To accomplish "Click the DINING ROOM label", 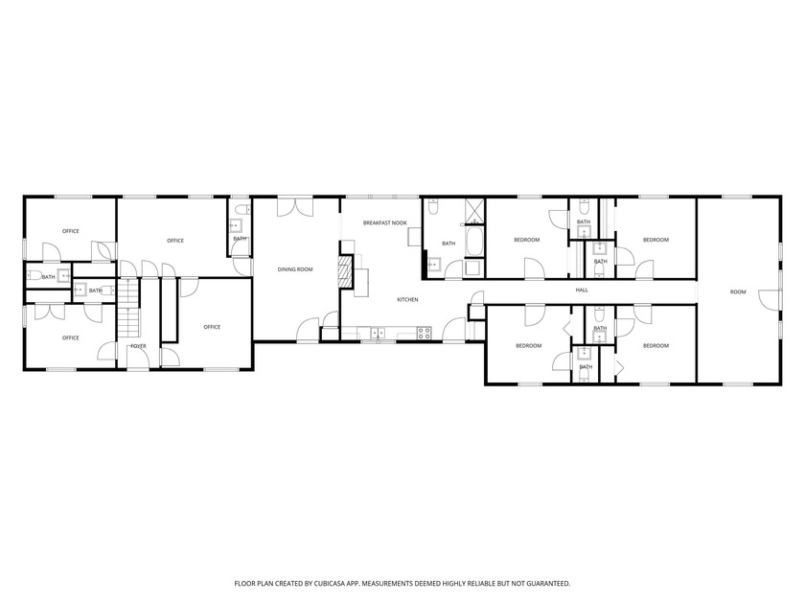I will [295, 269].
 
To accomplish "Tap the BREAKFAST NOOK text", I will [385, 222].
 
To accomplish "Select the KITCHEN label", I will [407, 300].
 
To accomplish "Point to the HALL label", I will [582, 290].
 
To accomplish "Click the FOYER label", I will [138, 346].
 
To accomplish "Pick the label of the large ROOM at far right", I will [737, 291].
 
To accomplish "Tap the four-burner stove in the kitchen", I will [424, 333].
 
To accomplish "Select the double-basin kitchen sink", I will [378, 333].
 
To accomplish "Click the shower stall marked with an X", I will [474, 211].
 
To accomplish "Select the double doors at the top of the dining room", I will [295, 206].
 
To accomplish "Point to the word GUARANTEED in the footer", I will [549, 583].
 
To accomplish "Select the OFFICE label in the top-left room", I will [70, 231].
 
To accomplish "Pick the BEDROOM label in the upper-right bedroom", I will [655, 240].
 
